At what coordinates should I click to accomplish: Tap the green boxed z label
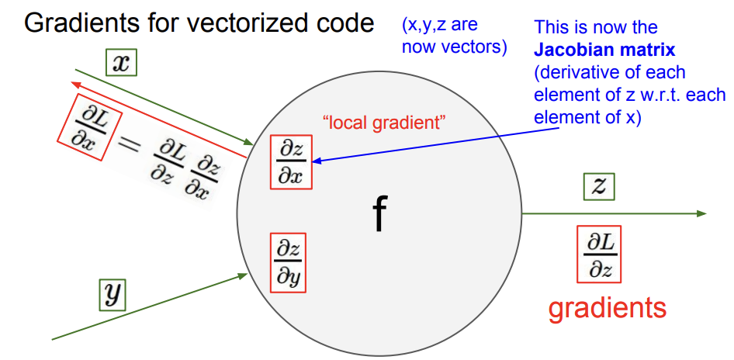click(599, 186)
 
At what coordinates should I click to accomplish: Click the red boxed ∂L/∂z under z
click(599, 253)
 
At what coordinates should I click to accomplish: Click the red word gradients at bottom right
click(607, 308)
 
